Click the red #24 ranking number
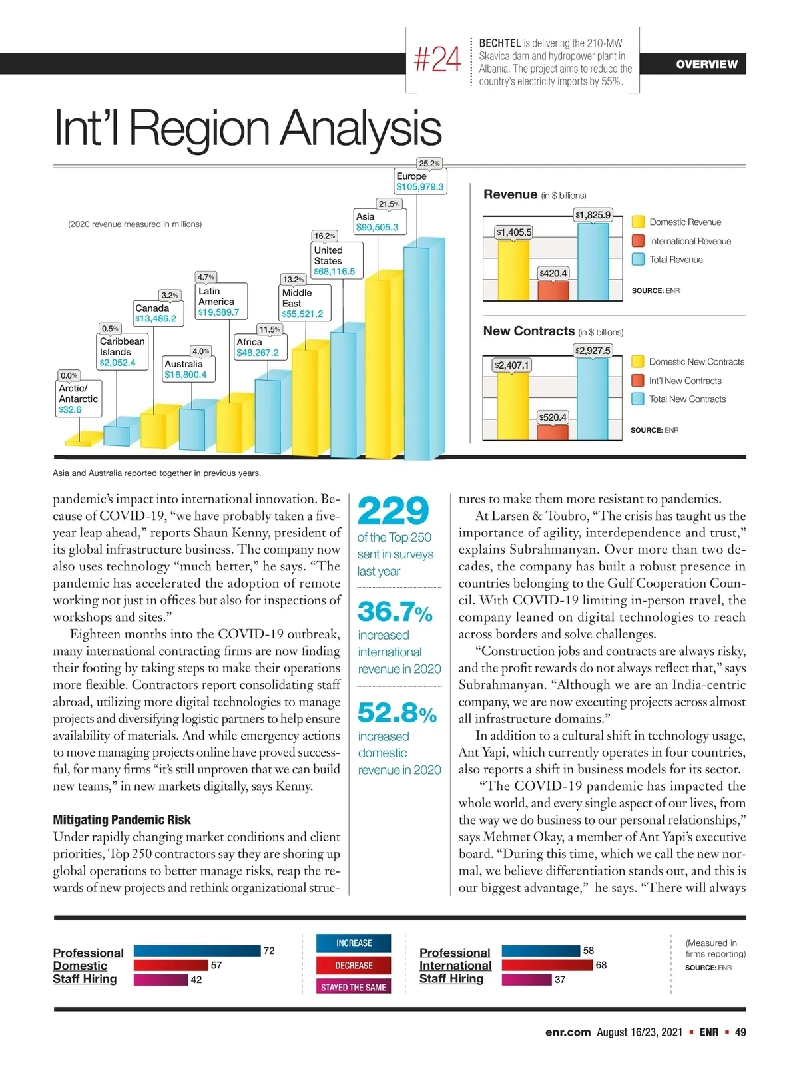(437, 60)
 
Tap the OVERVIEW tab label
(706, 64)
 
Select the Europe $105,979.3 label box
(419, 182)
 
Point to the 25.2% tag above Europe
(429, 163)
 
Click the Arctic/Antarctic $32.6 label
(79, 399)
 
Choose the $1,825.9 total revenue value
(593, 215)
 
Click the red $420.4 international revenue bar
(553, 290)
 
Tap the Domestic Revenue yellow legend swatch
(638, 222)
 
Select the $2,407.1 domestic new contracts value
(511, 365)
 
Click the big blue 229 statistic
(394, 511)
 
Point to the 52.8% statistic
(397, 713)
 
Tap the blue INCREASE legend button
(354, 943)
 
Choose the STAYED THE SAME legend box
(354, 988)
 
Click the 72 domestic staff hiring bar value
(269, 951)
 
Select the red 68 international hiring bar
(547, 965)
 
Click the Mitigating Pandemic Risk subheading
(122, 820)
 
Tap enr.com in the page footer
(567, 1032)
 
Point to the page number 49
(740, 1032)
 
